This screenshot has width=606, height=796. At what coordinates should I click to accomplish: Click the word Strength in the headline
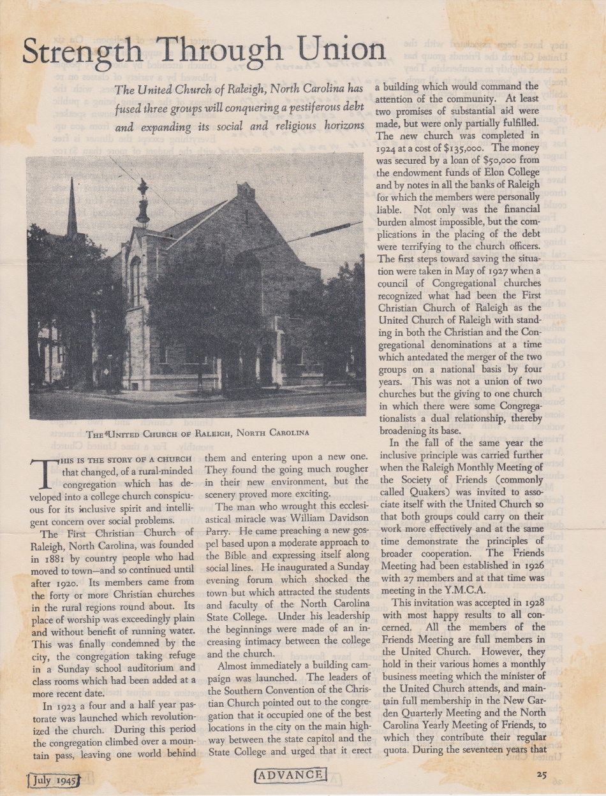(84, 51)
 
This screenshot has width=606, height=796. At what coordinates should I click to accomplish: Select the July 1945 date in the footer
(53, 779)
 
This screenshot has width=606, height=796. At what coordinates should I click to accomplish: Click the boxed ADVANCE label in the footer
(290, 775)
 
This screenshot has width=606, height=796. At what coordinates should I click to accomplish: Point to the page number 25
(543, 775)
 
